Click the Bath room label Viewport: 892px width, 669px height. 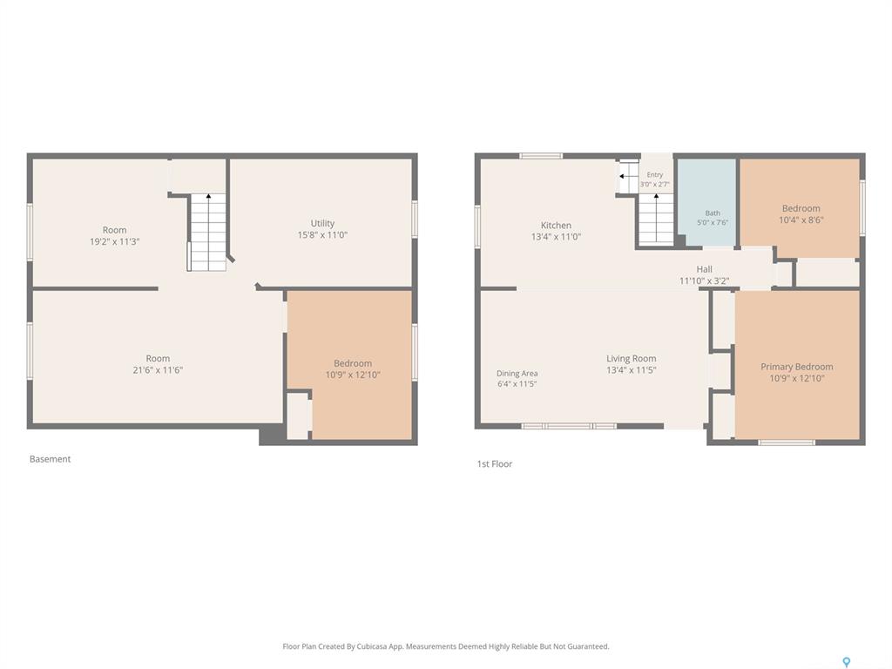click(713, 213)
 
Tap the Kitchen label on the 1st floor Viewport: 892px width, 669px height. click(556, 226)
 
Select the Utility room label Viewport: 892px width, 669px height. click(322, 224)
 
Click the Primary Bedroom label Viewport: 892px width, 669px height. click(796, 367)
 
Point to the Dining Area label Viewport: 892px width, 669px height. click(517, 373)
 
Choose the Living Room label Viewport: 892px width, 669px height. click(631, 358)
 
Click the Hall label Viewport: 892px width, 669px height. click(704, 269)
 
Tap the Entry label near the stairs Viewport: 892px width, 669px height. click(655, 174)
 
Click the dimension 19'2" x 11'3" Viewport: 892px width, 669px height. click(114, 241)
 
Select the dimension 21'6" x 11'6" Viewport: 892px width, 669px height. click(158, 369)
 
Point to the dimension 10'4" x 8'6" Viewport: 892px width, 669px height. click(801, 220)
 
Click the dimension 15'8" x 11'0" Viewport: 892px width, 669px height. click(322, 234)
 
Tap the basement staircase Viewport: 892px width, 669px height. click(207, 232)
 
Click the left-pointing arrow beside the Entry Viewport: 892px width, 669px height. click(625, 176)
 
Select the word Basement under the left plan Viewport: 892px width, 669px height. click(50, 459)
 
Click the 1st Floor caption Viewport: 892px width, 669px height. click(495, 463)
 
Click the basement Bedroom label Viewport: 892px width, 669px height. click(353, 363)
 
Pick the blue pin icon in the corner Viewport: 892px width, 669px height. click(847, 662)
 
